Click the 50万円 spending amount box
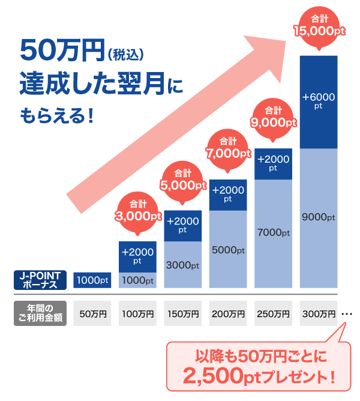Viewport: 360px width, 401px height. click(x=92, y=313)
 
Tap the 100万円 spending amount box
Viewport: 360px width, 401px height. click(x=138, y=313)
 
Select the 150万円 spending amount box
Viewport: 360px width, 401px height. click(x=183, y=313)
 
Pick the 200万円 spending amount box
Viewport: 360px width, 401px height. click(x=228, y=313)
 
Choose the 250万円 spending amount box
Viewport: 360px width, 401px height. click(x=273, y=313)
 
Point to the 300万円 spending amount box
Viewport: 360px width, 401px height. click(x=319, y=313)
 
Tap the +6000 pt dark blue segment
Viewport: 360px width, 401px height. click(x=319, y=101)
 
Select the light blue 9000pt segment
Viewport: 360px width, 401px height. click(x=319, y=217)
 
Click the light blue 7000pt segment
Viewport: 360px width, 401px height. click(x=273, y=232)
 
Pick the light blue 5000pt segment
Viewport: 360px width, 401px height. click(x=228, y=249)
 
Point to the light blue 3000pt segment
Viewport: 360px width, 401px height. click(x=183, y=264)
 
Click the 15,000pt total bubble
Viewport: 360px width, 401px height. click(x=319, y=28)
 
